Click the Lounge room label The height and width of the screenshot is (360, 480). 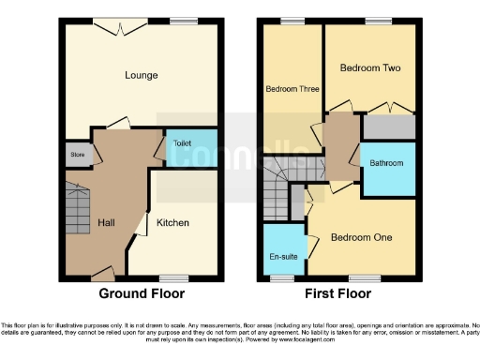(x=142, y=75)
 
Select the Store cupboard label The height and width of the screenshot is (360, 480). (x=74, y=154)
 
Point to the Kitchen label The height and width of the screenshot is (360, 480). (x=173, y=222)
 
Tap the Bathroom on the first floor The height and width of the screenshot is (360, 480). (x=386, y=163)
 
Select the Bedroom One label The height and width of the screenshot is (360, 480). (x=361, y=237)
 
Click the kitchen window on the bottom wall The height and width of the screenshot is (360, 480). (x=172, y=277)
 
